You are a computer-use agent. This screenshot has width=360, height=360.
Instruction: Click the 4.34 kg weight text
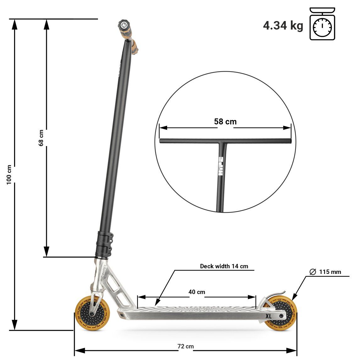coord(283,25)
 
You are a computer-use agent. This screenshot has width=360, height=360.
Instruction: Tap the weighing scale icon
coord(322,24)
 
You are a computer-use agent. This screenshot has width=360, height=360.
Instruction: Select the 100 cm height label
coord(9,174)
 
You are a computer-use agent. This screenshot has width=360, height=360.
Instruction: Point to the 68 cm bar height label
coord(41,138)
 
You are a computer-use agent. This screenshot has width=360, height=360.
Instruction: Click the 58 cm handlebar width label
coord(225,122)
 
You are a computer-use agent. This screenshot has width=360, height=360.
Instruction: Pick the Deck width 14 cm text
coord(224,266)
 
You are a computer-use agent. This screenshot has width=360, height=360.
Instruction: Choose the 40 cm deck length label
coord(197,292)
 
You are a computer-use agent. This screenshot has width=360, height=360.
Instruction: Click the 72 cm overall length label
coord(186,346)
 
